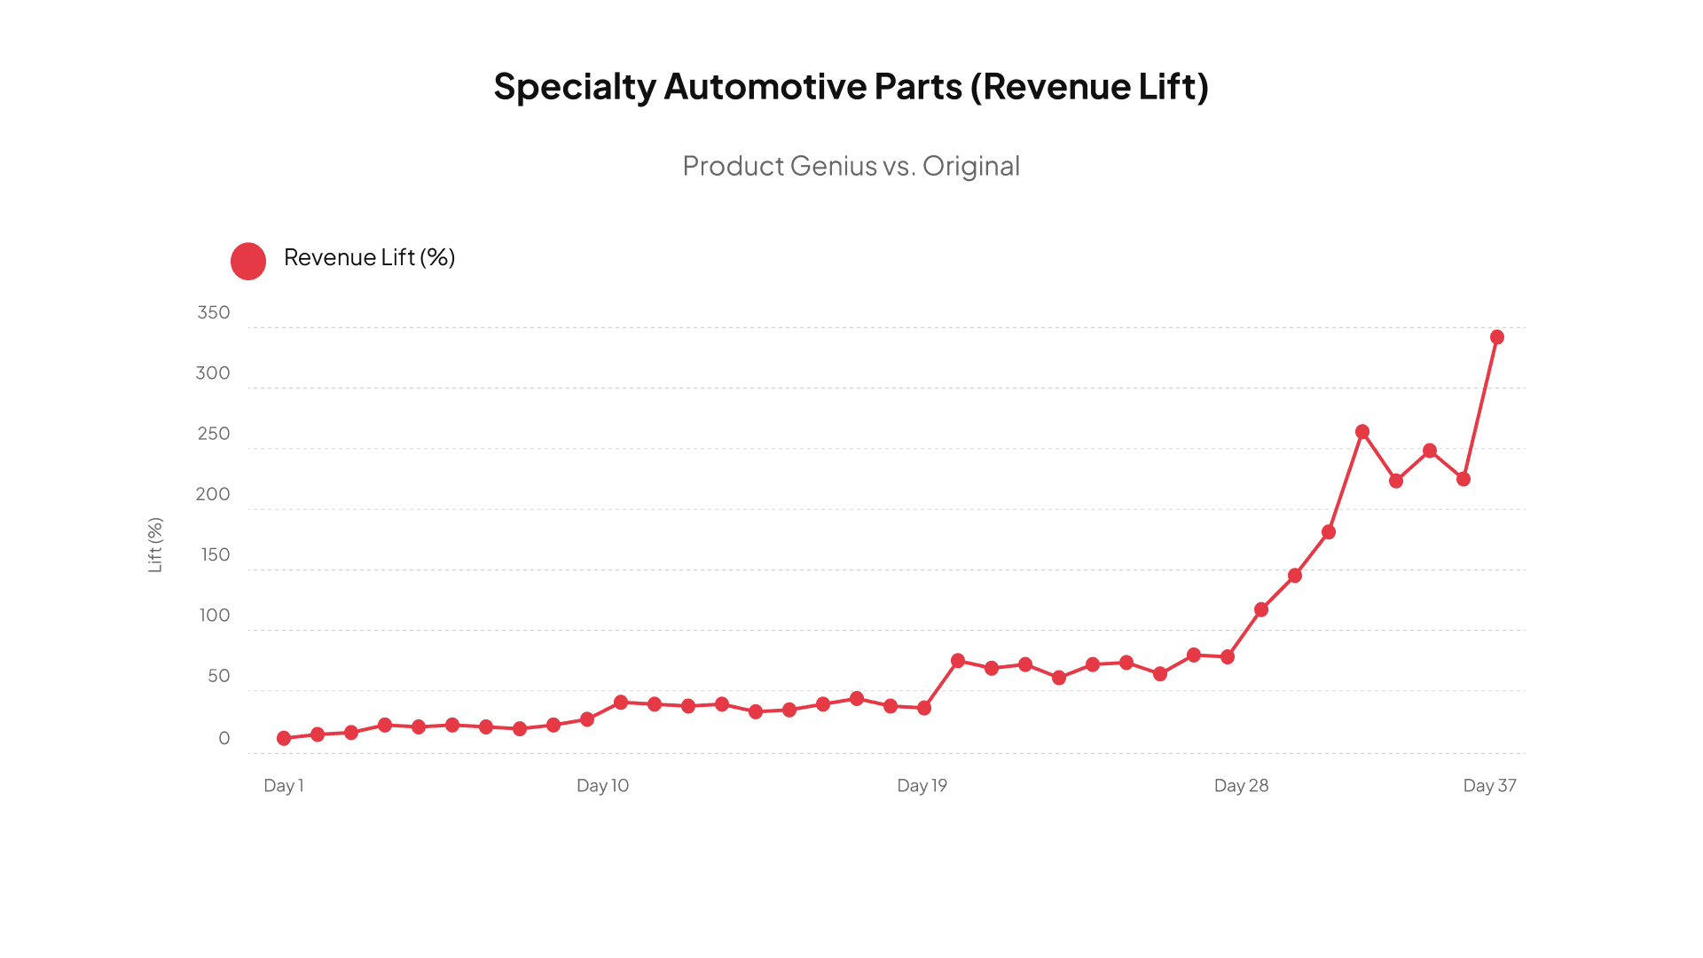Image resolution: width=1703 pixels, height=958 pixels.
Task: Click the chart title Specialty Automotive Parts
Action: [851, 87]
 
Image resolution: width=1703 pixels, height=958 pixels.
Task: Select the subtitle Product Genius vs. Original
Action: [851, 166]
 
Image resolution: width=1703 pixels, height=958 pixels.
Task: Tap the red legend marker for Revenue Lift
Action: [248, 262]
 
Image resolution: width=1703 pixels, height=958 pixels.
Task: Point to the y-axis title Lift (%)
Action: [155, 545]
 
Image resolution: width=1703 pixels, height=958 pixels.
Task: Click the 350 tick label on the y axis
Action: [214, 313]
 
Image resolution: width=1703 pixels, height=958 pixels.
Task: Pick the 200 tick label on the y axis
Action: [213, 494]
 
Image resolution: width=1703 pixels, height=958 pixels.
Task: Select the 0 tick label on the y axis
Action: [224, 739]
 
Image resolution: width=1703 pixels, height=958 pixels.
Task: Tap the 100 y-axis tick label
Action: [215, 616]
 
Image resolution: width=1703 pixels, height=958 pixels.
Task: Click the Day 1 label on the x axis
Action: [284, 786]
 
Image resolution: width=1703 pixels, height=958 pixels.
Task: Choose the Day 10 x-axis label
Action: [602, 786]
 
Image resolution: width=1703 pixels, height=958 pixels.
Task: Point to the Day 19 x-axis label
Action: [922, 786]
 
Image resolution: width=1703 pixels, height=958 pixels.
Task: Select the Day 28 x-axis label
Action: [1241, 786]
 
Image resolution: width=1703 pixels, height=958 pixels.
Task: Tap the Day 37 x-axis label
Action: [1489, 786]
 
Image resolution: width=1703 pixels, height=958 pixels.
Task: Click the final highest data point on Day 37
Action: [1497, 337]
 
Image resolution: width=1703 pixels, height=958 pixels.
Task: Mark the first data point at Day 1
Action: [284, 738]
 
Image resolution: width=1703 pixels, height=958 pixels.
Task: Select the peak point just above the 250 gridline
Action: [1362, 432]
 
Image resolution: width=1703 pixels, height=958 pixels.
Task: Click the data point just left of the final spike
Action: [1464, 479]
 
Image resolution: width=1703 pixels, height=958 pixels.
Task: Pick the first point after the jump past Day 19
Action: [958, 661]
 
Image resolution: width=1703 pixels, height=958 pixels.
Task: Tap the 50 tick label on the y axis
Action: [219, 676]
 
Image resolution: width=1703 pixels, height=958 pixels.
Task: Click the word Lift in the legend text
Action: [398, 257]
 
